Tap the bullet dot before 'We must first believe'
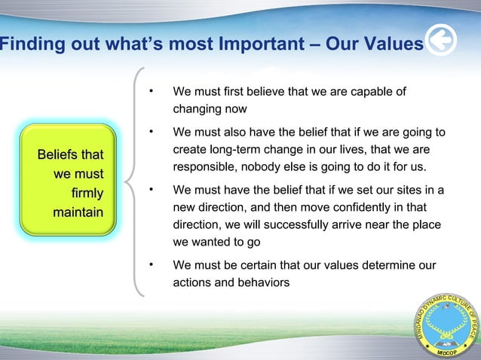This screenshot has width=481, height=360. (152, 92)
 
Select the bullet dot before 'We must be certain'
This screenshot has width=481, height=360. (152, 265)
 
